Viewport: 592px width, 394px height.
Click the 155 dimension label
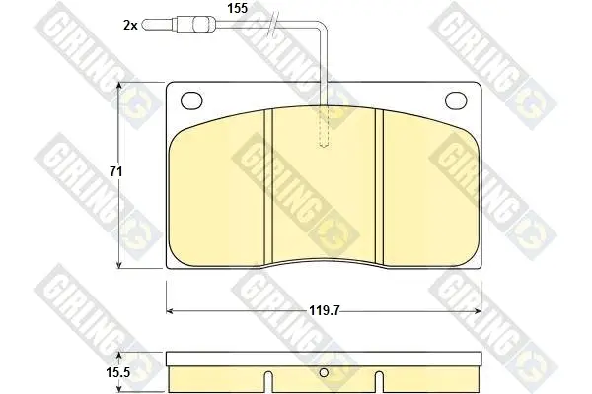238,8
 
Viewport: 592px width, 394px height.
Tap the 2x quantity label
130,26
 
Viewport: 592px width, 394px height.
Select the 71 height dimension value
115,172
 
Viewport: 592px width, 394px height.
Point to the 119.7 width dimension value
325,310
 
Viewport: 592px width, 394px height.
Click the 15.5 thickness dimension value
117,373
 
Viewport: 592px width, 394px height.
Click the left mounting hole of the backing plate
191,100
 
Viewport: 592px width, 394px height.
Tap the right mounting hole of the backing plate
456,100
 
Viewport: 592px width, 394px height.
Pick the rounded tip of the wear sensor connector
145,25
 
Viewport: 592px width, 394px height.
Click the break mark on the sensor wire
273,24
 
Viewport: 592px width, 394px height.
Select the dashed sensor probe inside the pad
324,125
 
